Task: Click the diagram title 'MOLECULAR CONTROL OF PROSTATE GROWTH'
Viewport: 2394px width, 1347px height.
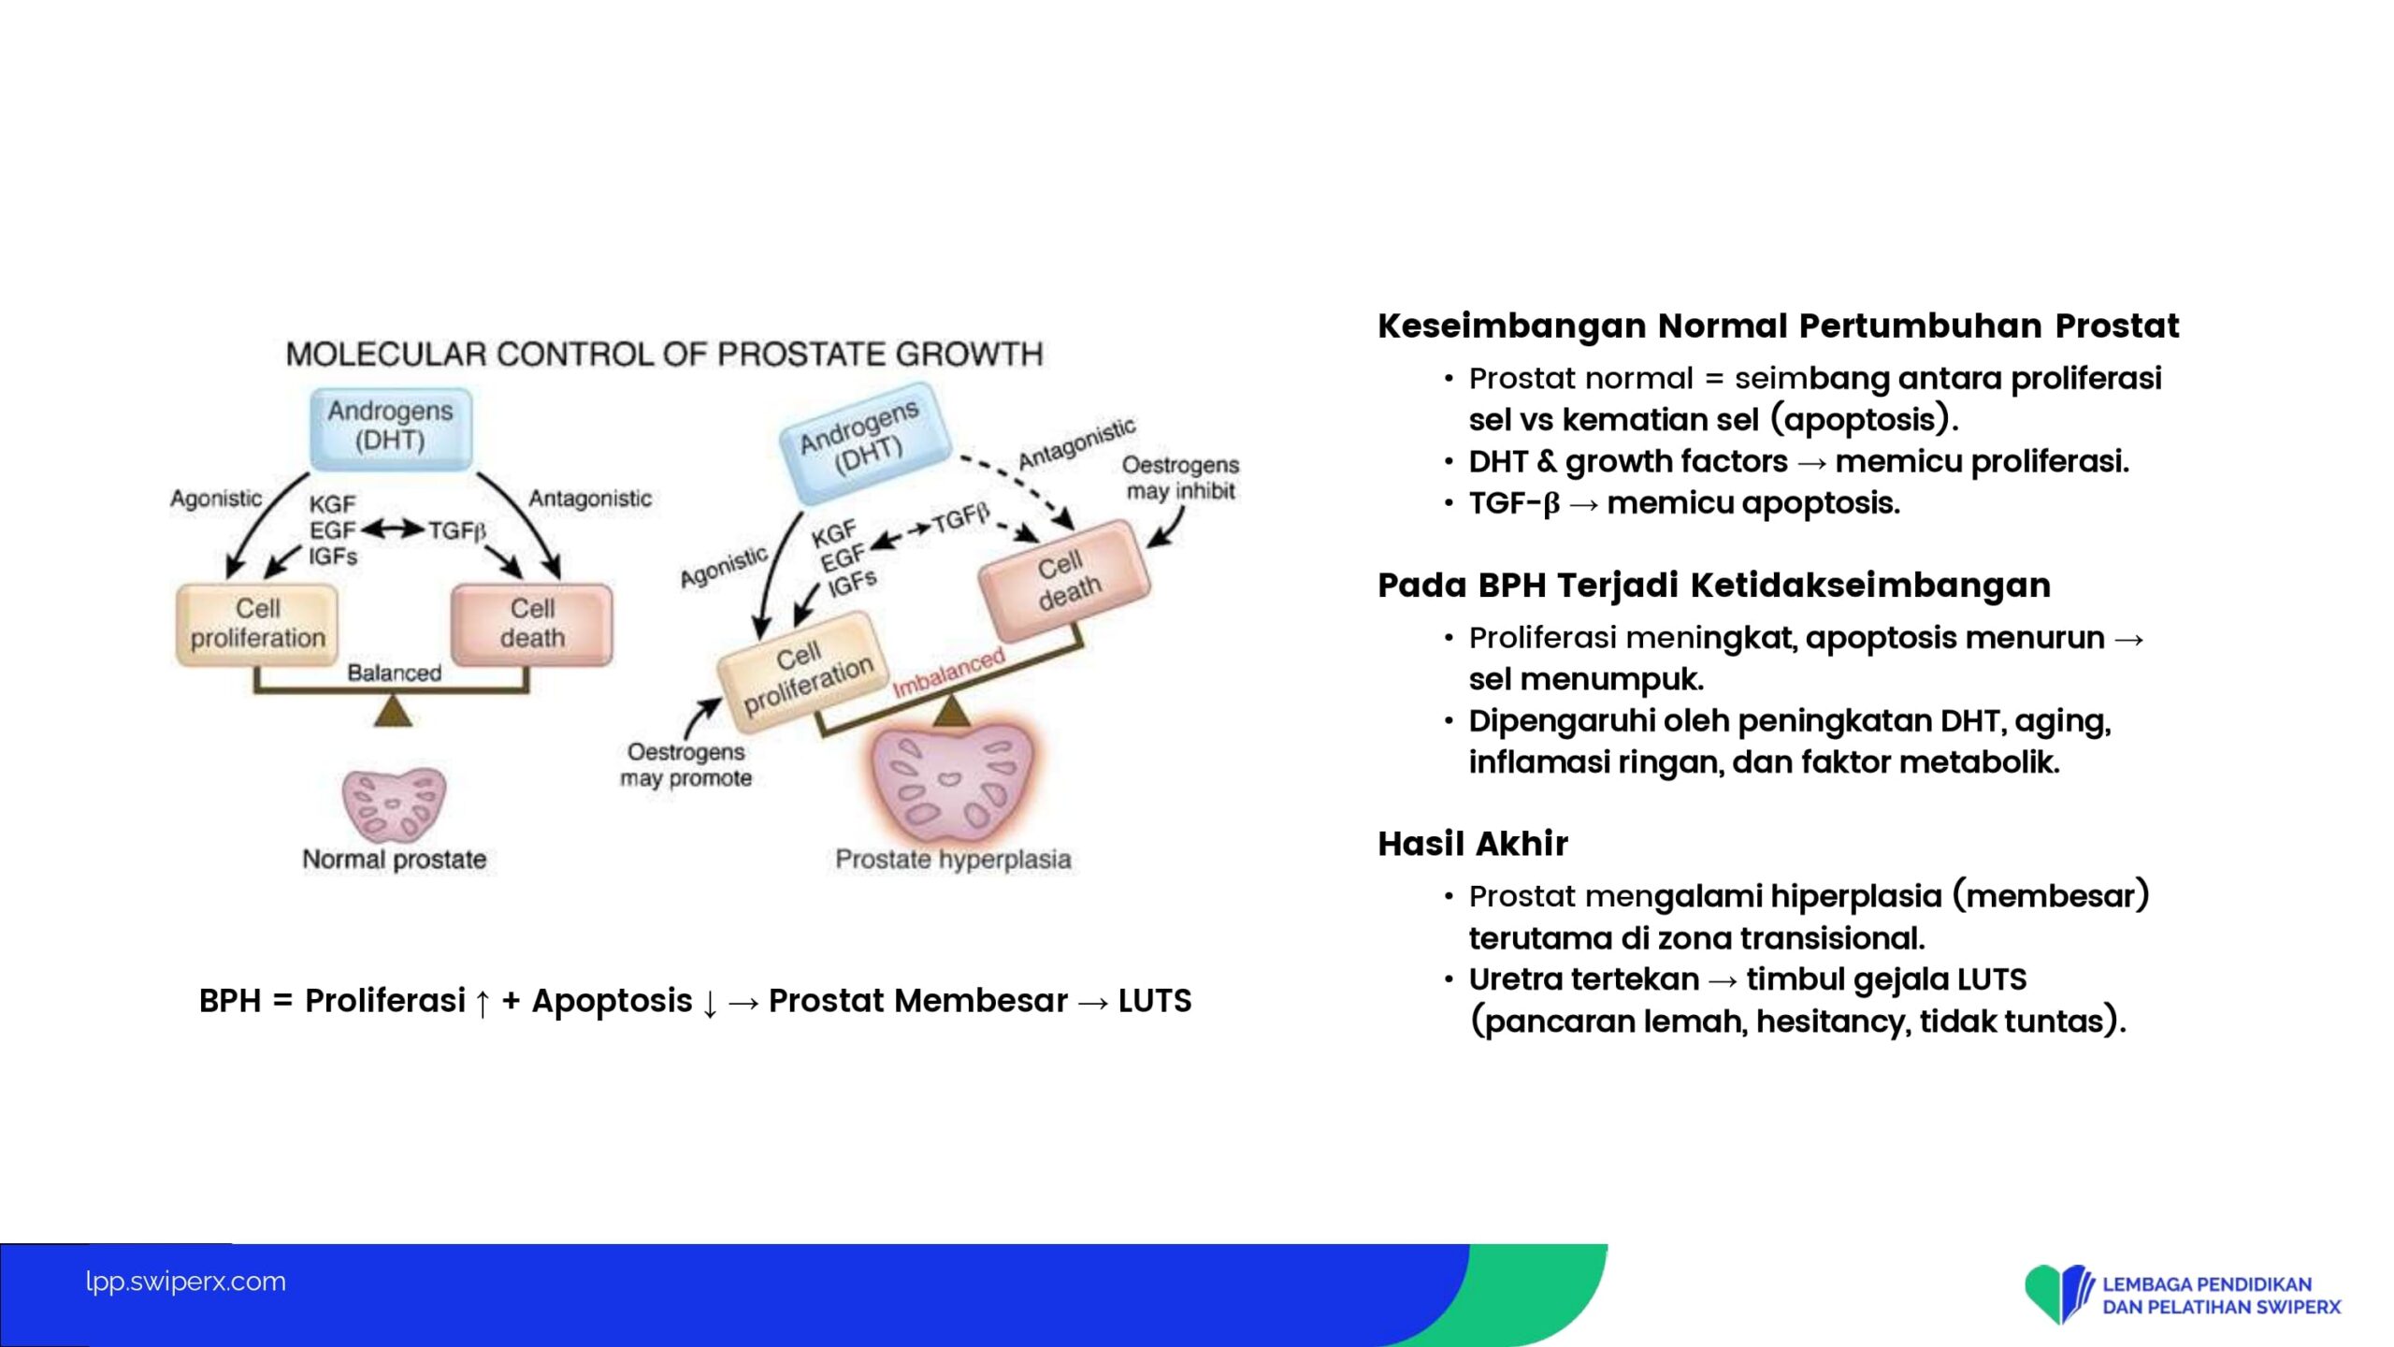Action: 664,354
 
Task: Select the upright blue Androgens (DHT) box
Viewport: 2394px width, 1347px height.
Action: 391,428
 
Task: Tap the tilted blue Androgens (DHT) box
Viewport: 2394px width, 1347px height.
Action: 866,442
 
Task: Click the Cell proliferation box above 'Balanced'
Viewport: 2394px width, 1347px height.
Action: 257,625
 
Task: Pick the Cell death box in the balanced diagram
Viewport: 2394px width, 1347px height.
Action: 532,625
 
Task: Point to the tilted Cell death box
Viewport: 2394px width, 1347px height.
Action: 1065,581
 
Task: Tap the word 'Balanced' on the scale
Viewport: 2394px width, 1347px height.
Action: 394,673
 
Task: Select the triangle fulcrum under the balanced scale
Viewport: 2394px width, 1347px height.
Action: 393,710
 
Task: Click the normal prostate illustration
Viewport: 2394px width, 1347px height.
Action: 395,805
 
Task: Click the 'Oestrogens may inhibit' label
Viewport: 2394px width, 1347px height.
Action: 1180,478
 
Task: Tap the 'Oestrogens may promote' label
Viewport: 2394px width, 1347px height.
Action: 685,765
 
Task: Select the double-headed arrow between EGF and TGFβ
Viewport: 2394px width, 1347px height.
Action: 393,529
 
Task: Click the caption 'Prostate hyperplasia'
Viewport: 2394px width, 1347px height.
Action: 953,859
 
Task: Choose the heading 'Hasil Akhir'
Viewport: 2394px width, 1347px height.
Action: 1473,844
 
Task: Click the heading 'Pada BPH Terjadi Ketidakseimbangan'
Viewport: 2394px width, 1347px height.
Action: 1714,585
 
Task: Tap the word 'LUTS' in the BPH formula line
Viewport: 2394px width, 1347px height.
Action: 1155,1001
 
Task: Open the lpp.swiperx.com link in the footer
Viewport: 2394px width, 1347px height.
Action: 185,1282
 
